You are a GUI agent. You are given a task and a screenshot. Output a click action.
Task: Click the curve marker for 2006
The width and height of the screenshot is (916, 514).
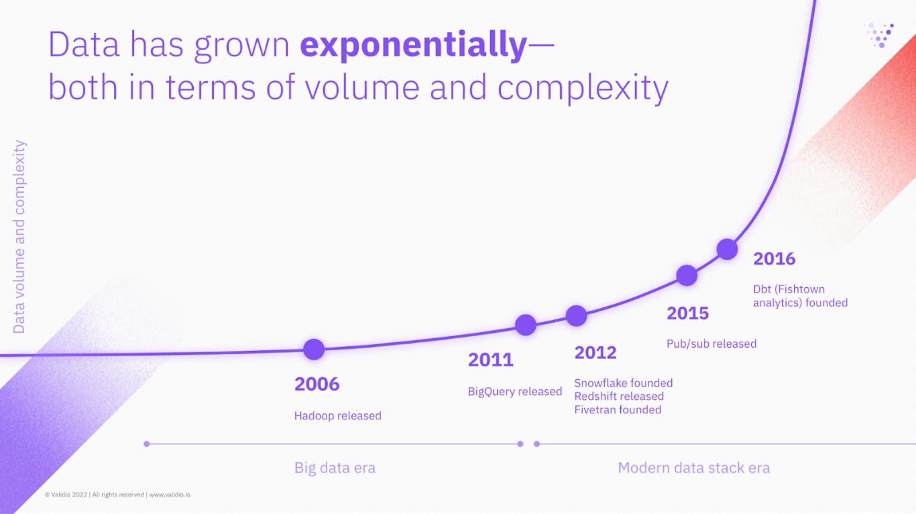click(314, 349)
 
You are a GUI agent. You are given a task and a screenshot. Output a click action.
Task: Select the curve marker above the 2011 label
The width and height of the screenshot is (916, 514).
click(526, 325)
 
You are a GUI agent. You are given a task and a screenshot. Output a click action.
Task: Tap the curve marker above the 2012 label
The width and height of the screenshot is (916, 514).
click(576, 315)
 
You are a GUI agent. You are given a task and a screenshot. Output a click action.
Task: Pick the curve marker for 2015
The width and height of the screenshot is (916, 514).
click(687, 275)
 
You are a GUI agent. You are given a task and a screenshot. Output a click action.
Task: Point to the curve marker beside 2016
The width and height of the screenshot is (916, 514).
click(728, 249)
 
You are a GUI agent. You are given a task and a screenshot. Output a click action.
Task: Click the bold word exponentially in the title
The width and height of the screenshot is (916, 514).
click(414, 46)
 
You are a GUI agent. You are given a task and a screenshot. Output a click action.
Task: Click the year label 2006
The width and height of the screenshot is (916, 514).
click(317, 384)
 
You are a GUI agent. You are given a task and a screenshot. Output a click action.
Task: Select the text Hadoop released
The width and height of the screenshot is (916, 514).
click(337, 416)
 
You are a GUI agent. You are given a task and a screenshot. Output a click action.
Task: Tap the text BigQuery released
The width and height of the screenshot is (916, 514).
click(514, 392)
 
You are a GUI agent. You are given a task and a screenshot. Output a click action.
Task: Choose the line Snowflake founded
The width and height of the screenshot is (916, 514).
click(623, 383)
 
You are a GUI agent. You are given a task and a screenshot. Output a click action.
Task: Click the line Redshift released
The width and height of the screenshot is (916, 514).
click(618, 397)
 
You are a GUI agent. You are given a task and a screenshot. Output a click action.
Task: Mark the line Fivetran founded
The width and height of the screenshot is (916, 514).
click(617, 410)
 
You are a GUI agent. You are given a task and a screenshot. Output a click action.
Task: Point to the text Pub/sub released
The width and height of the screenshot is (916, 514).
click(711, 344)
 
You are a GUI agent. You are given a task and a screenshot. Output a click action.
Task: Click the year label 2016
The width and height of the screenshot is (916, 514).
click(774, 259)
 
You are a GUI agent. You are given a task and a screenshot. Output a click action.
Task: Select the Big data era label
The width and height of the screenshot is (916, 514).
click(335, 468)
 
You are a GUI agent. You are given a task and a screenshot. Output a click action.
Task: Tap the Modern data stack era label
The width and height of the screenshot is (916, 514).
click(693, 468)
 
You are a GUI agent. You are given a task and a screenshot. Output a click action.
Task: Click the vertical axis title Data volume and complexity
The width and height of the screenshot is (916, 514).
click(19, 236)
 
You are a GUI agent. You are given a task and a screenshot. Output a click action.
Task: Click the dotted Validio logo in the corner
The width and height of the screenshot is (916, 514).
click(880, 34)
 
